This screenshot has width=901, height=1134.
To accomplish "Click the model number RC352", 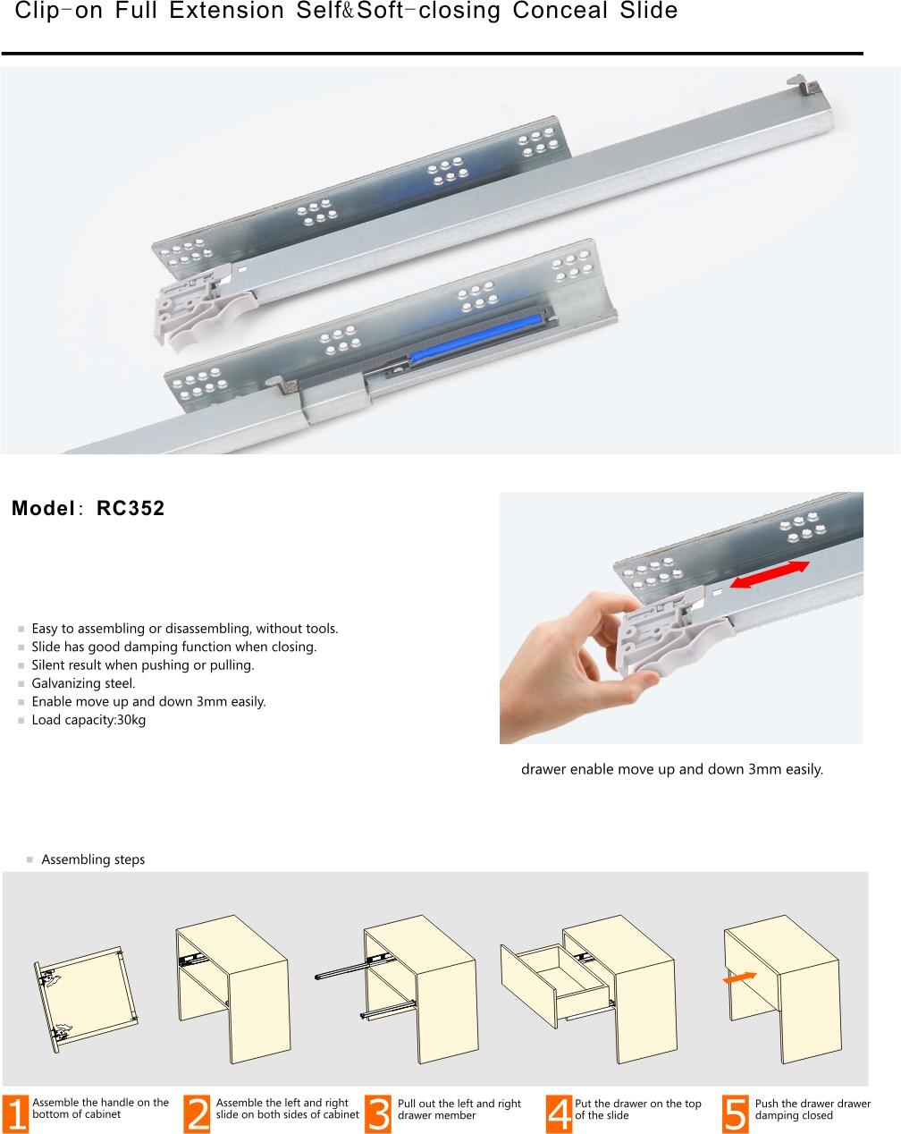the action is point(131,508).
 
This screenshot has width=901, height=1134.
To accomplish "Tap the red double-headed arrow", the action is point(770,574).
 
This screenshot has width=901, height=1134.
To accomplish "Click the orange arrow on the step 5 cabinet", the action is point(739,977).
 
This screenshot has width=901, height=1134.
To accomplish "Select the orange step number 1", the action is point(15,1114).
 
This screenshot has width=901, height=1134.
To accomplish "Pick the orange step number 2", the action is point(197,1114).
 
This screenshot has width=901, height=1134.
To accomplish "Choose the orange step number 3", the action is point(377,1114).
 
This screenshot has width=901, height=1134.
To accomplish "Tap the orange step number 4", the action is point(559,1114).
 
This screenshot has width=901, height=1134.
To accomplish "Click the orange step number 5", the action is point(735,1114).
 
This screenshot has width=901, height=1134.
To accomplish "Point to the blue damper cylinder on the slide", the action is point(476,339).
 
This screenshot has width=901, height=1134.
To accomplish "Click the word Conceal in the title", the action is point(560,11).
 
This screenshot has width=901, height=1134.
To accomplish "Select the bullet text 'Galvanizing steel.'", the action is point(83,683).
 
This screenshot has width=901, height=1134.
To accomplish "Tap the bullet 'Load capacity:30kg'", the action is point(88,720).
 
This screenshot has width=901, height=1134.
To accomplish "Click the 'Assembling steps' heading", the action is point(93,859).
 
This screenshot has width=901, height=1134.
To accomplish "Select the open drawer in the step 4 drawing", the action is point(556,985).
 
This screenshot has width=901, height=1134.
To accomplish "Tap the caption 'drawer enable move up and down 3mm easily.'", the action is point(672,769).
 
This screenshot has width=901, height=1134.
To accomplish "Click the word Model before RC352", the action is point(43,508).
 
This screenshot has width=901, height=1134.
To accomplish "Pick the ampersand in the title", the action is point(348,12).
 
